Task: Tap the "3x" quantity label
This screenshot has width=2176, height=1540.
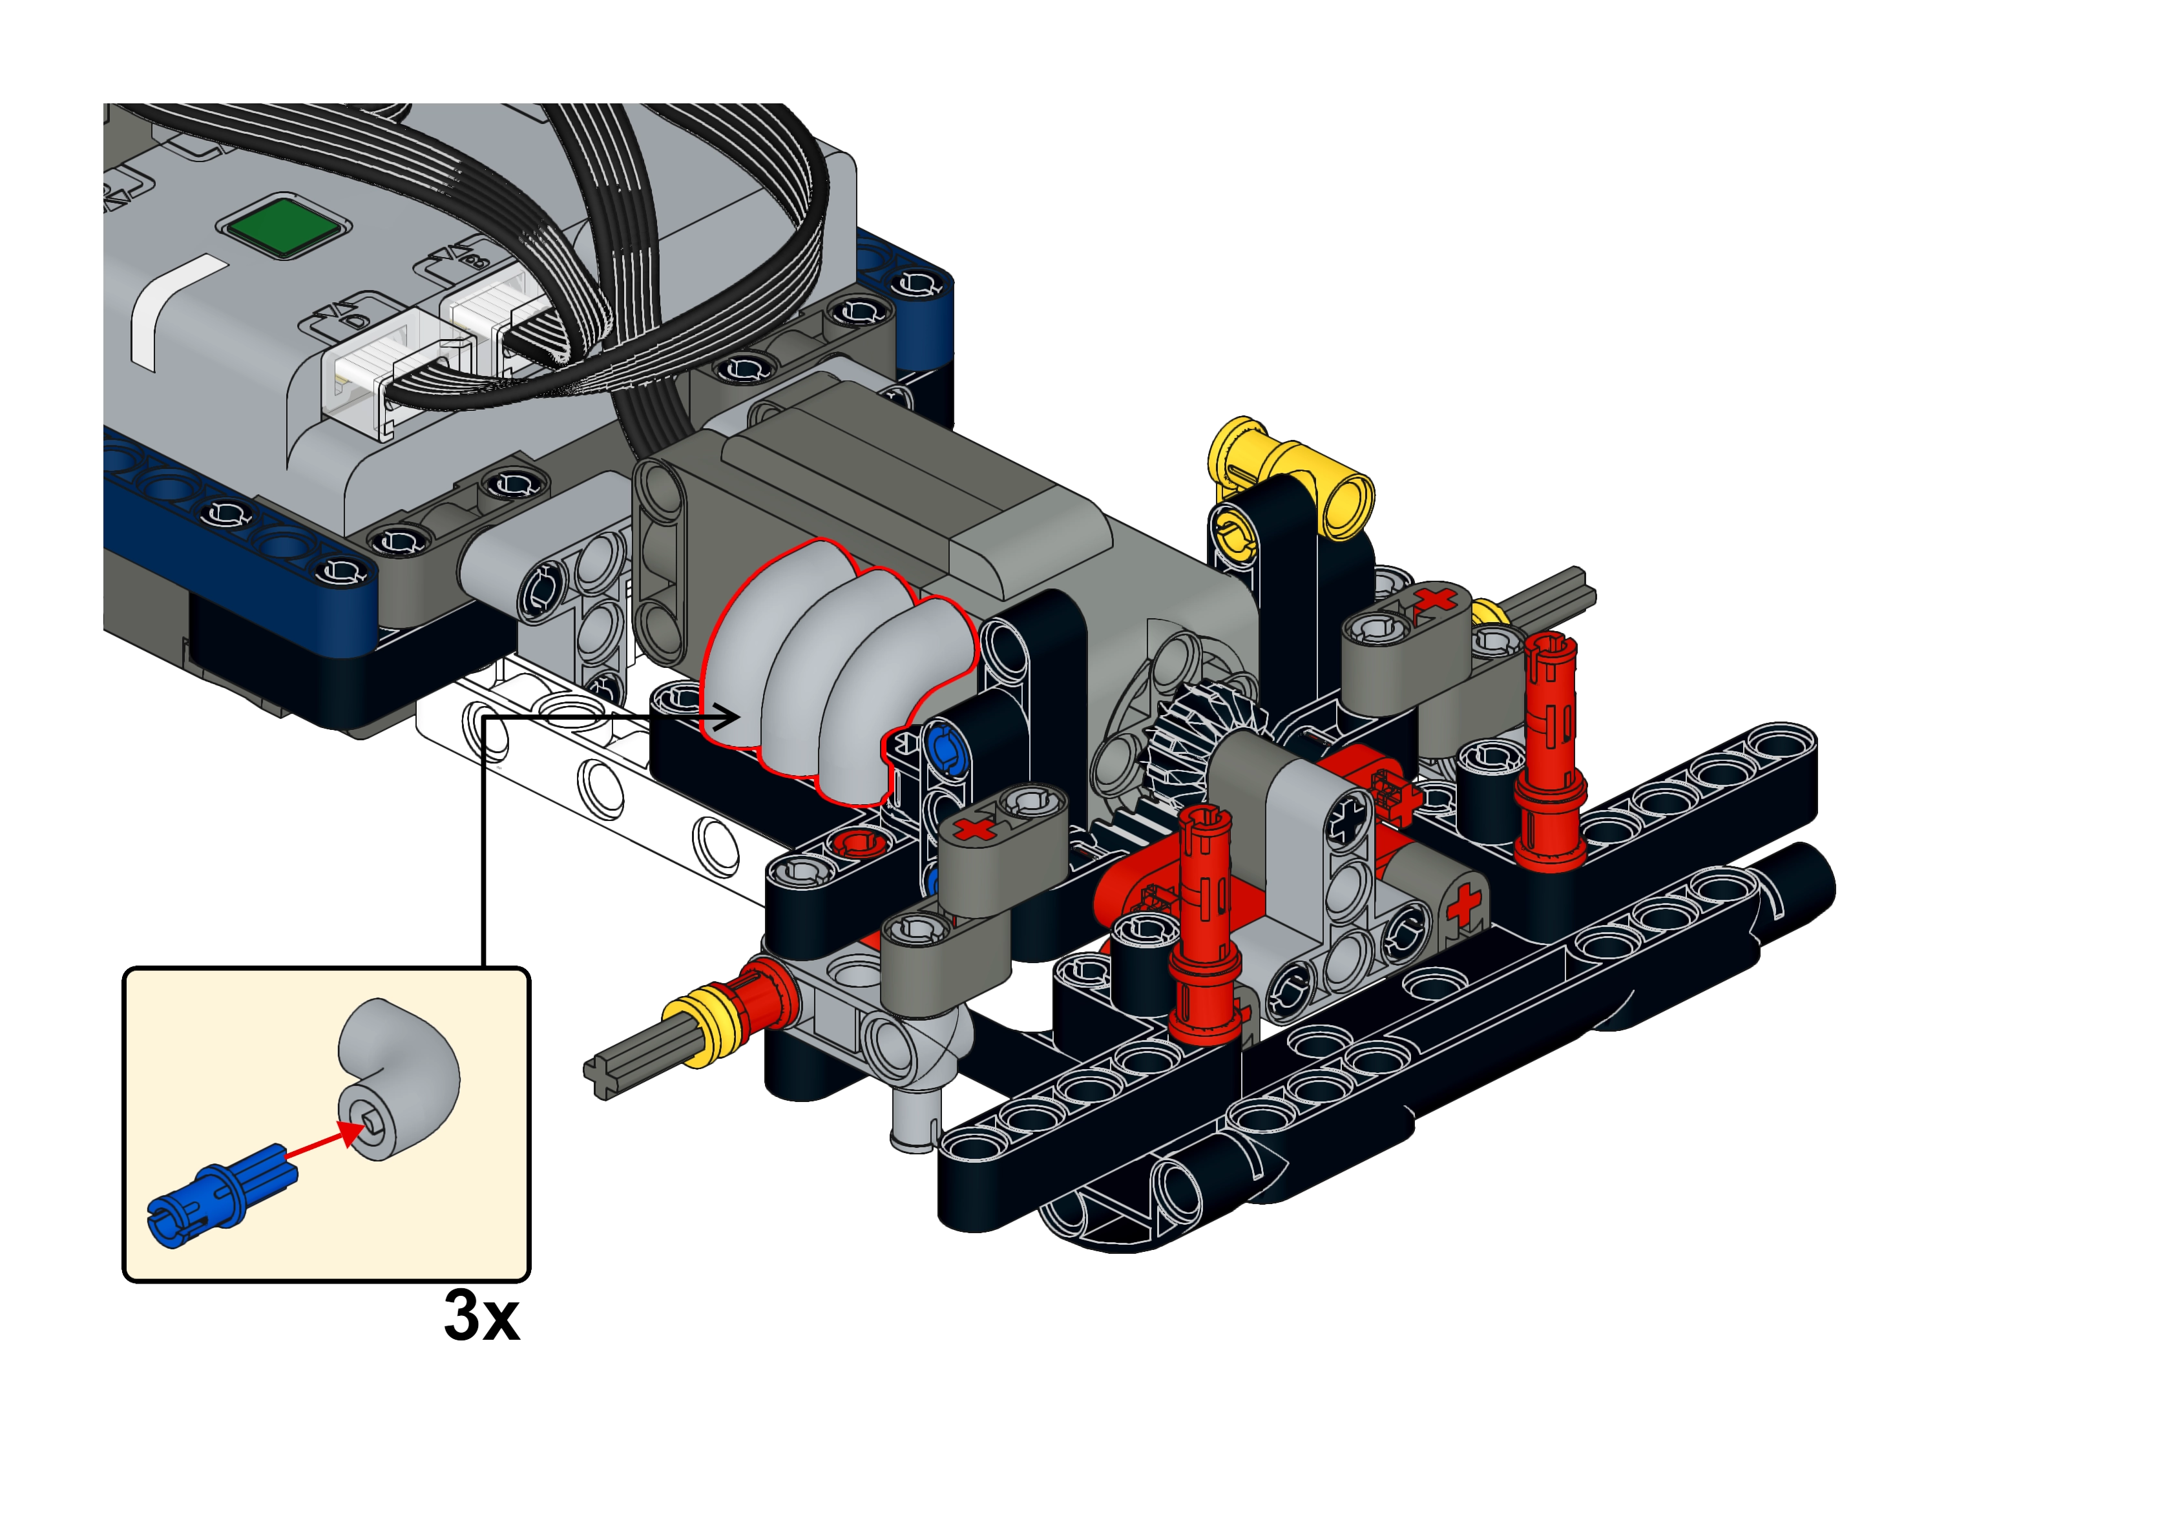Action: click(x=482, y=1315)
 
